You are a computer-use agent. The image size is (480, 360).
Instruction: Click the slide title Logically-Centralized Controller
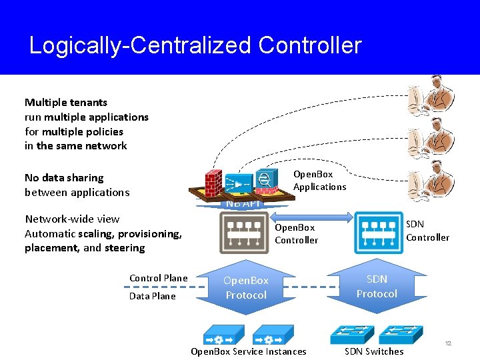point(195,45)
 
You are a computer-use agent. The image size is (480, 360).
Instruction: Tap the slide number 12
point(448,343)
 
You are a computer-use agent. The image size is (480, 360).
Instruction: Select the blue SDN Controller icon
point(379,233)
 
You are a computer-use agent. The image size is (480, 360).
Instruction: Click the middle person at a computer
point(432,139)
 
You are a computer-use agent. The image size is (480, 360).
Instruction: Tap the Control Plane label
point(159,278)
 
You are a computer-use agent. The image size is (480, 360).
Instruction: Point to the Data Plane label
point(153,296)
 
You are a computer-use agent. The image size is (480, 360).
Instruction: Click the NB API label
point(243,204)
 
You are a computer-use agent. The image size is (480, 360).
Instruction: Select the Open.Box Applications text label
point(319,181)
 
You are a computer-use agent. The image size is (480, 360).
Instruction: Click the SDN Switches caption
point(374,351)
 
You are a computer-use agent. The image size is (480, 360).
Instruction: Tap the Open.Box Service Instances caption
point(249,351)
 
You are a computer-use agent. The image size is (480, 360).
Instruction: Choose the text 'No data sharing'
point(64,178)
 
